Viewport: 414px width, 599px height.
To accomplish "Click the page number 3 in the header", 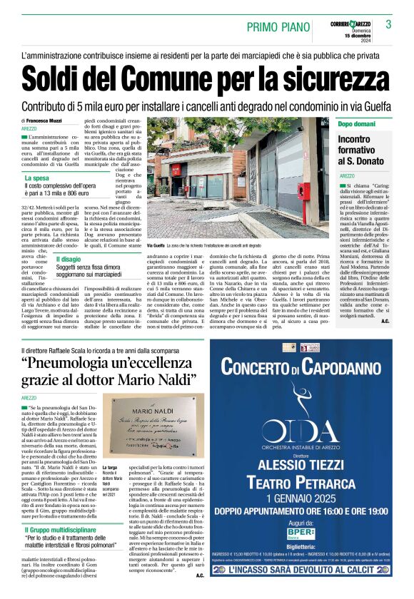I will point(388,25).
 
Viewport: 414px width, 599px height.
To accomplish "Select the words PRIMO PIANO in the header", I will point(277,26).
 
